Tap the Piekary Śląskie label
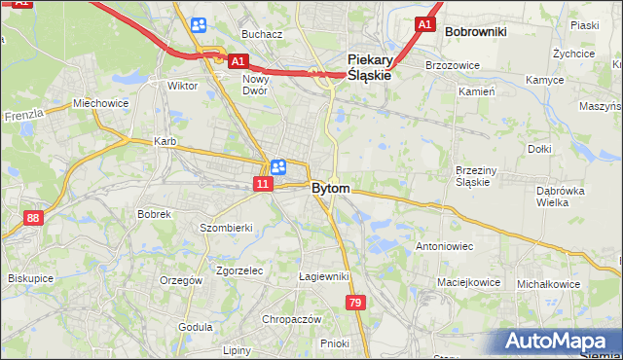click(370, 66)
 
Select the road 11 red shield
click(264, 183)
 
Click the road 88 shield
click(34, 218)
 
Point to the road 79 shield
click(354, 306)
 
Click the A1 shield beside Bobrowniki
click(423, 23)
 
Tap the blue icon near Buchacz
click(199, 25)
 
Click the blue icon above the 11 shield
click(277, 166)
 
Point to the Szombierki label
click(226, 228)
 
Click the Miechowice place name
click(100, 103)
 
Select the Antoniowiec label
click(445, 246)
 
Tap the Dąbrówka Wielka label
click(559, 197)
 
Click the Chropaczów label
click(291, 319)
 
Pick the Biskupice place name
click(29, 277)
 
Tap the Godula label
click(196, 327)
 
